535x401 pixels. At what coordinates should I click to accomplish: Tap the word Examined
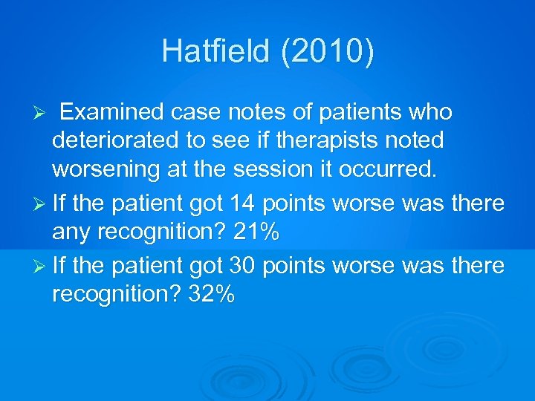click(111, 112)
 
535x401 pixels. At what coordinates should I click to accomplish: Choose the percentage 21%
click(256, 232)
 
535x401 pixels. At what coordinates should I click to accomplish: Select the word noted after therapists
click(418, 140)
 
